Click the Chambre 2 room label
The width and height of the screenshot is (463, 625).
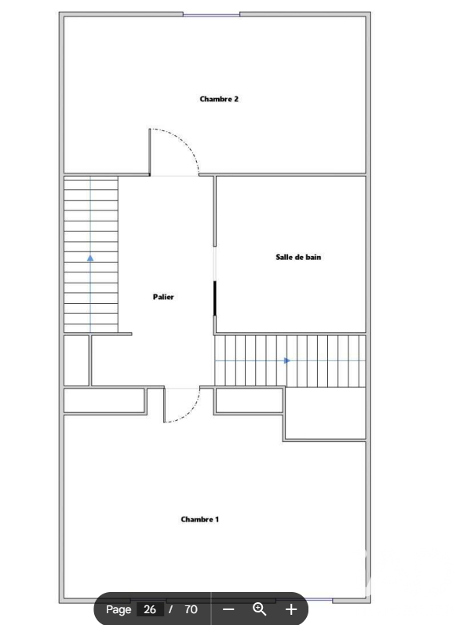(219, 99)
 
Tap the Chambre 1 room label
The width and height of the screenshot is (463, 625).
(199, 519)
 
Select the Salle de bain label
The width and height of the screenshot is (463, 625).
(298, 257)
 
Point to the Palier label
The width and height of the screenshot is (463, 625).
(163, 297)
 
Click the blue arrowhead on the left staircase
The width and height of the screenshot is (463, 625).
(90, 258)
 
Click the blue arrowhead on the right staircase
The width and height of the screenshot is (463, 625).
(287, 360)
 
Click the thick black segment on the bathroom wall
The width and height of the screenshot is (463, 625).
(215, 298)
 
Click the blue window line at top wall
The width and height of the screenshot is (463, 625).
(211, 15)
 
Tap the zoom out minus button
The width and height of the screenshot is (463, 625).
(228, 609)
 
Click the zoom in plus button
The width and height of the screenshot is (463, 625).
(291, 609)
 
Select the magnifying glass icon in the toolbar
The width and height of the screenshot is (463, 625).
(260, 609)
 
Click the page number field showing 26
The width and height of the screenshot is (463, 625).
(150, 609)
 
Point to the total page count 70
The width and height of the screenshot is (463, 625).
(191, 609)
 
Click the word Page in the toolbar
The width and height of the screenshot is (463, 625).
(118, 609)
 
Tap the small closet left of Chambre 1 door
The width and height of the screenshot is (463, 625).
(104, 400)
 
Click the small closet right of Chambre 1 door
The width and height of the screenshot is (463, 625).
(249, 400)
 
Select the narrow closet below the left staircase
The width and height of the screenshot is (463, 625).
(76, 360)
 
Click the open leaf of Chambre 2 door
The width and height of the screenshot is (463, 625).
(150, 152)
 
